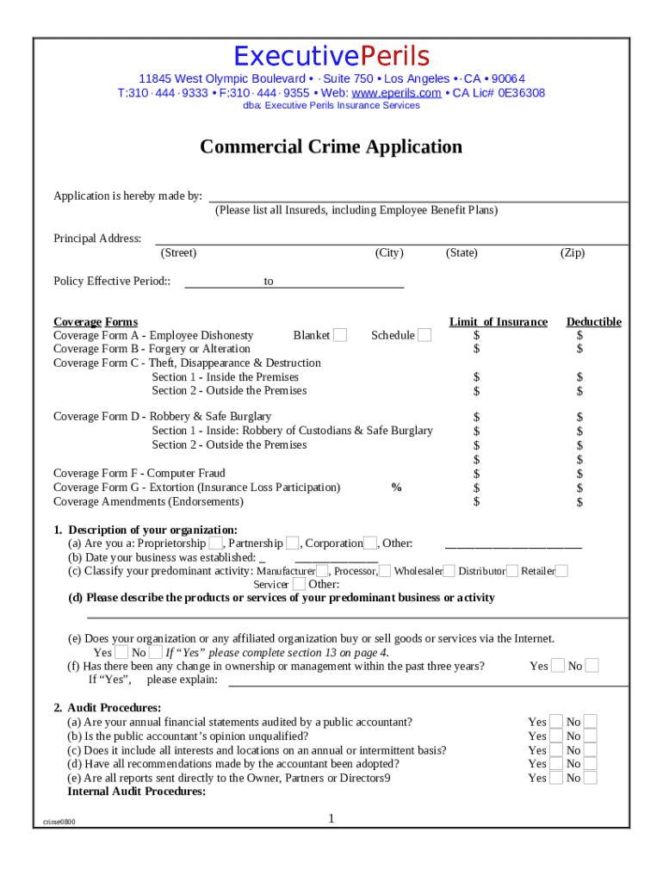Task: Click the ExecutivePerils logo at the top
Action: click(x=331, y=57)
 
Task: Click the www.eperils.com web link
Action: click(x=396, y=93)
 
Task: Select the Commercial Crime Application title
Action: click(x=331, y=147)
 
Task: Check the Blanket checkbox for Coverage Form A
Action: click(x=340, y=335)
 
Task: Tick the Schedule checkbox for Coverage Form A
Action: click(x=424, y=335)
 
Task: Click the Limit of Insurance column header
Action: click(x=498, y=322)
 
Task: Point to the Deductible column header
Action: click(x=593, y=322)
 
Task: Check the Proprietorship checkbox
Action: click(x=216, y=543)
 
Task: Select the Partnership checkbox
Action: click(x=293, y=543)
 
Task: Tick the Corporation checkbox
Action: click(x=370, y=543)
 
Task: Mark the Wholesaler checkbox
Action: click(x=448, y=570)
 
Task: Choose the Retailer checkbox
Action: click(x=561, y=570)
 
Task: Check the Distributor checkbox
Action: click(x=512, y=570)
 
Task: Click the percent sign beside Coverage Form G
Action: click(x=396, y=488)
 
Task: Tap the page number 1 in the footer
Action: click(x=331, y=818)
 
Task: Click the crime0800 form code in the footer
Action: click(x=59, y=822)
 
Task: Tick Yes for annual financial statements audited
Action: click(x=556, y=722)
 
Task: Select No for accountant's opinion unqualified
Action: click(x=590, y=736)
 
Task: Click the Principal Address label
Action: click(x=97, y=239)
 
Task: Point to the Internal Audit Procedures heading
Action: click(x=136, y=792)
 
